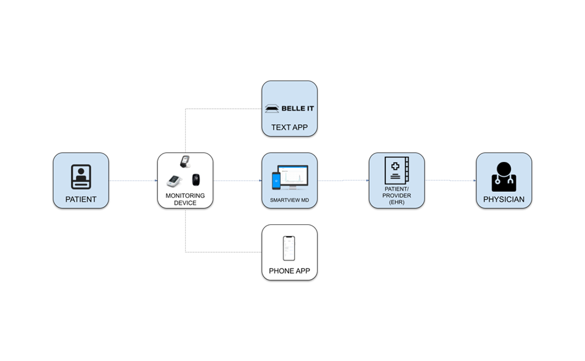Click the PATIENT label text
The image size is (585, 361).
point(81,200)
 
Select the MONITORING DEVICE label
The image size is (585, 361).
point(185,199)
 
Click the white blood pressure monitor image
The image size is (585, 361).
point(175,181)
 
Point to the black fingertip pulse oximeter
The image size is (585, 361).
point(196,180)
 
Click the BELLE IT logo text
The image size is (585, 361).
point(298,108)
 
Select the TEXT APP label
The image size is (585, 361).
point(289,127)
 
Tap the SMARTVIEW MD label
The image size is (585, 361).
point(289,200)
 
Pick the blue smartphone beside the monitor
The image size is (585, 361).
point(276,180)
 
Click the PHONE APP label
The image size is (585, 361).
point(289,271)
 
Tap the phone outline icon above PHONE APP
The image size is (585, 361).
point(289,248)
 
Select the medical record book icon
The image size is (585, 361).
point(396,171)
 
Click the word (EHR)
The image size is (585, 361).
point(396,202)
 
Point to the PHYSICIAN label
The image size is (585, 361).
point(504,200)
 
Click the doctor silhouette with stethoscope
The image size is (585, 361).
point(504,176)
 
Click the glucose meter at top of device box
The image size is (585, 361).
point(185,161)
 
